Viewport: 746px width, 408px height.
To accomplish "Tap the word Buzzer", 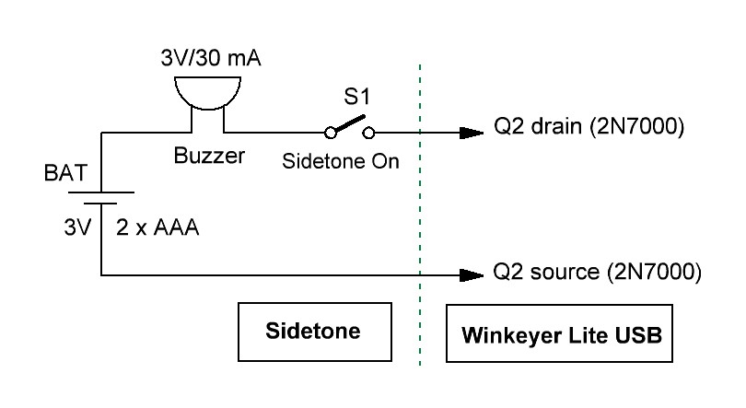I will point(210,157).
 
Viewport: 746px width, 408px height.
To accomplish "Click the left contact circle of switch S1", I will point(331,133).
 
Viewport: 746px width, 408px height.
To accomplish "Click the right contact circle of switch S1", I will point(369,133).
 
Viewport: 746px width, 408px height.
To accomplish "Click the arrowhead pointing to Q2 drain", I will point(472,133).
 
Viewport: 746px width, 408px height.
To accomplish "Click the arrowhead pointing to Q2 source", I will point(472,274).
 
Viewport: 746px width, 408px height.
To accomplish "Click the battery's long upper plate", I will point(99,193).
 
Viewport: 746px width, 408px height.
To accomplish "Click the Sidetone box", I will point(313,331).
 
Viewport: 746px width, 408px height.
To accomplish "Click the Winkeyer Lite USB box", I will point(559,332).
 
